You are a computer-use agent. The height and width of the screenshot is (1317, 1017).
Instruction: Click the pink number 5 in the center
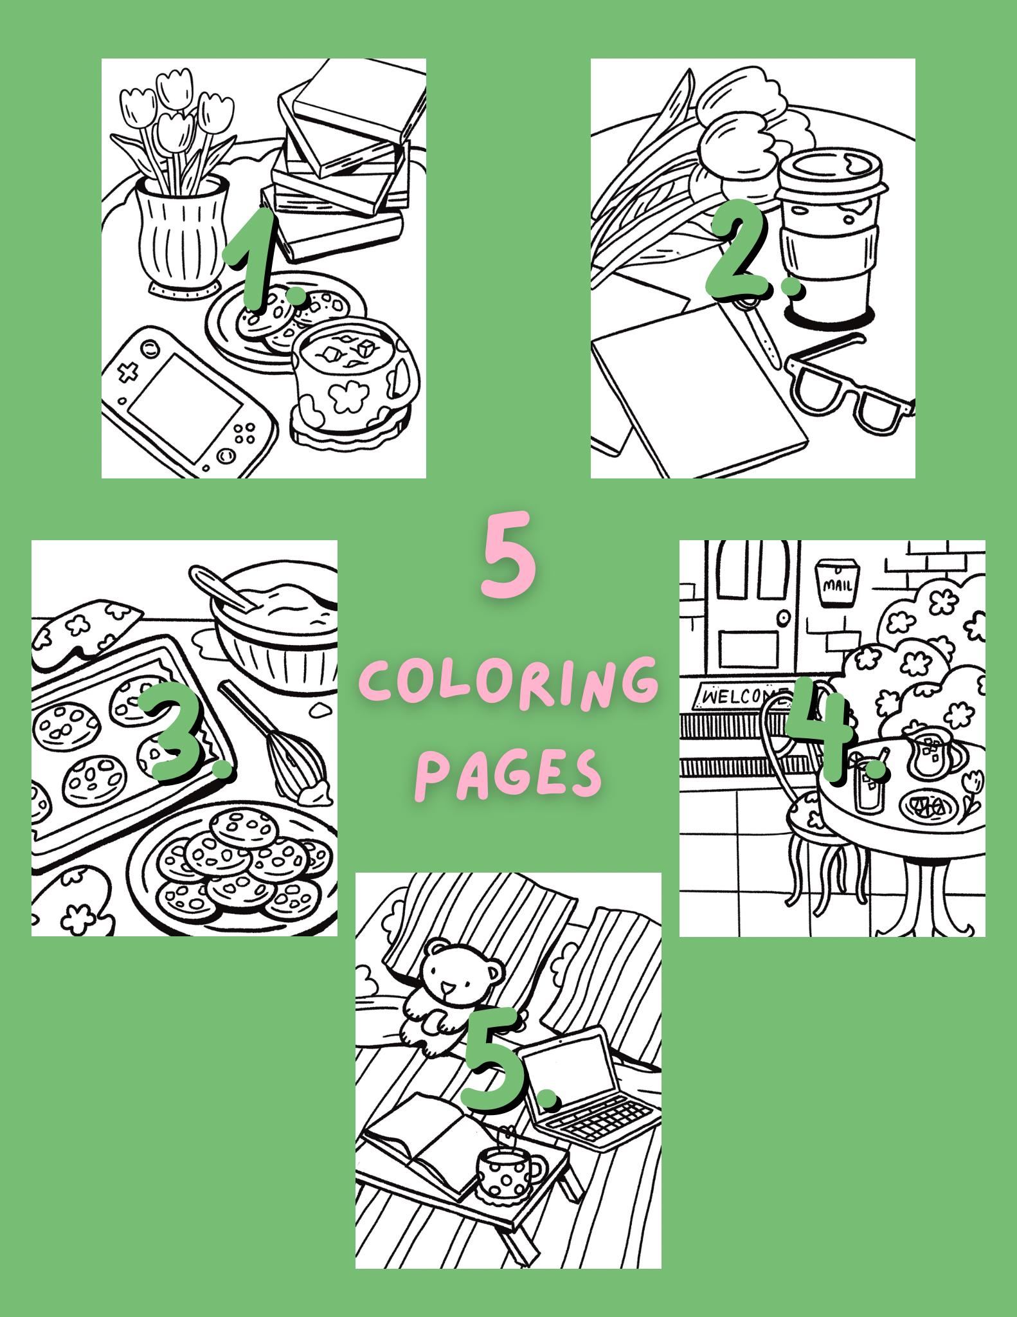509,554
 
